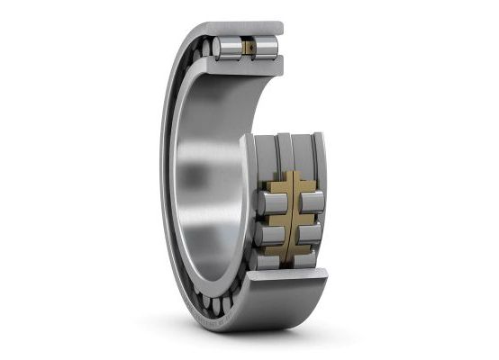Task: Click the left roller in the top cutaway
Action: coord(229,47)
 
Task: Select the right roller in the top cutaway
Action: coord(268,47)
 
